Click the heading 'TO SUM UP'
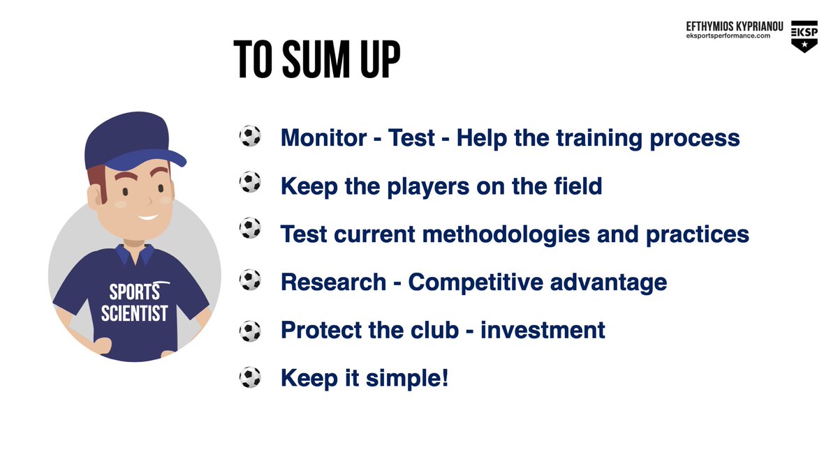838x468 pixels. point(317,61)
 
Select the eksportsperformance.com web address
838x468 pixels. point(733,36)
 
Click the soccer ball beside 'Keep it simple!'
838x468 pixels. point(250,378)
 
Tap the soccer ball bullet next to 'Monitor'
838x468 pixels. point(250,137)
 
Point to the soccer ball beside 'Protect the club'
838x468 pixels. point(250,330)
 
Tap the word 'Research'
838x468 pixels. point(333,282)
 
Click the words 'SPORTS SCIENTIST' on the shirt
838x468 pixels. point(134,302)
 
